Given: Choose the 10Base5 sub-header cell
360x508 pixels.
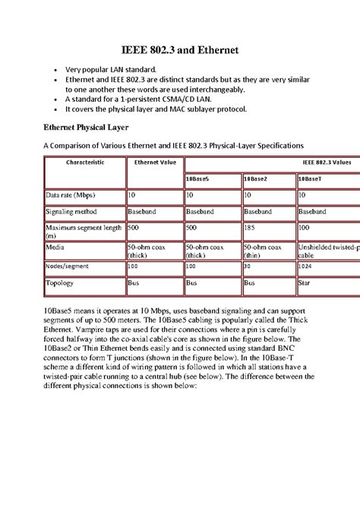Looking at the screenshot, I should coord(199,179).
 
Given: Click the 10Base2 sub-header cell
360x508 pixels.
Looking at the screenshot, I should coord(256,179).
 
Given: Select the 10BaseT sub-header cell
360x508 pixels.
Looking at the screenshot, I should coord(311,179).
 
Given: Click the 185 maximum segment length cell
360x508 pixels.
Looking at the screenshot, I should coord(250,227).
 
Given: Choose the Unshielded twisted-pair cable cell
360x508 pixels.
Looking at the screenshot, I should coord(327,251).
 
